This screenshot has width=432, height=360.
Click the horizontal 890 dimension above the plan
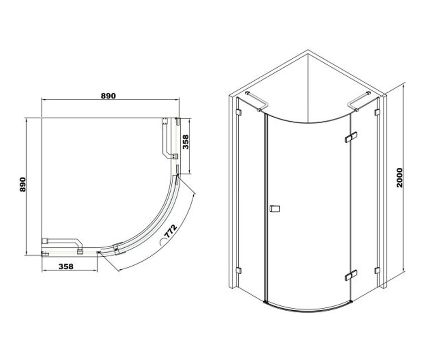[108, 96]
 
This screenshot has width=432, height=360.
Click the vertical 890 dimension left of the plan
[23, 185]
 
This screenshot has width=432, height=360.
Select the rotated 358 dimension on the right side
[186, 142]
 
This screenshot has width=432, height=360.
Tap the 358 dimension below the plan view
[66, 266]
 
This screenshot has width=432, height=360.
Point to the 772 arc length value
[171, 231]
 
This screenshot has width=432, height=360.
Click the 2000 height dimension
[400, 178]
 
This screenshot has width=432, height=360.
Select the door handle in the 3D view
[275, 208]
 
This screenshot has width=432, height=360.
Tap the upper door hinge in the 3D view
[351, 137]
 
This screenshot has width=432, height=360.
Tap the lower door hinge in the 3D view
[351, 275]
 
